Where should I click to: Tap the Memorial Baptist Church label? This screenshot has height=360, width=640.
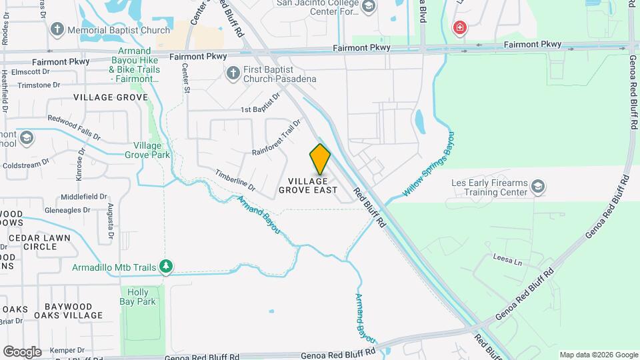(119, 30)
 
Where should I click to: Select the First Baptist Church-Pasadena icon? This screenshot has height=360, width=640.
(233, 73)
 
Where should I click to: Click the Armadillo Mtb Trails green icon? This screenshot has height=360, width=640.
(166, 267)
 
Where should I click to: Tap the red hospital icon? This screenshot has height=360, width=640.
(459, 27)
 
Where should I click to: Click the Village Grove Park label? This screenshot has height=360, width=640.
(151, 150)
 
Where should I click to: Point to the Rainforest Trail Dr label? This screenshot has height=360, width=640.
(277, 138)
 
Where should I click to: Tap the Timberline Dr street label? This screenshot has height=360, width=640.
(235, 179)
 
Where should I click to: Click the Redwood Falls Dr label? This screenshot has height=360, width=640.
(73, 128)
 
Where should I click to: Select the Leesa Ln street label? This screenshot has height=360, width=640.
(507, 259)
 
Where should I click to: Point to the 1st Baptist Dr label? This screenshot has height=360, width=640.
(259, 109)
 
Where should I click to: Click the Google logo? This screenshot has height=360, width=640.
(22, 351)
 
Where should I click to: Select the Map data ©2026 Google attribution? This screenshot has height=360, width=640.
(598, 355)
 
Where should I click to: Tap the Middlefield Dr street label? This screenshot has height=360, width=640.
(83, 197)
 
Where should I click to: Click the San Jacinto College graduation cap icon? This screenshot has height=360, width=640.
(368, 7)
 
